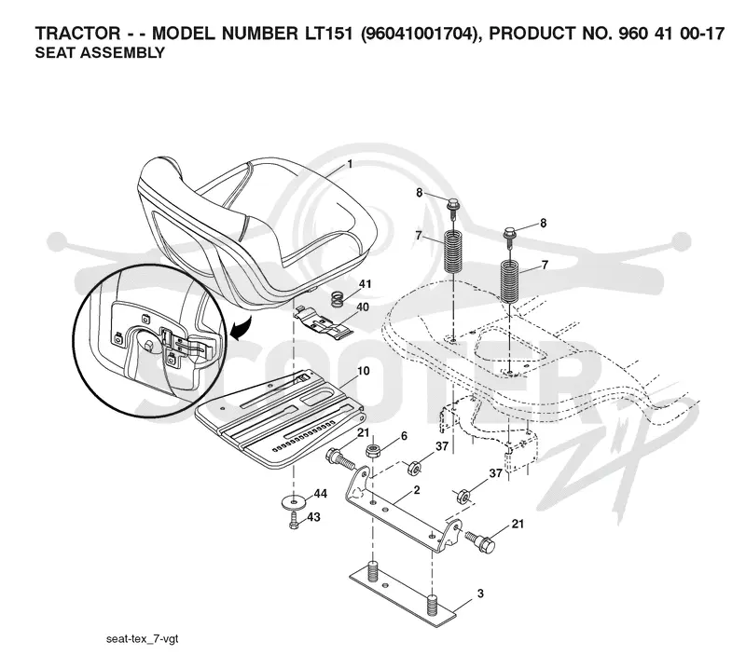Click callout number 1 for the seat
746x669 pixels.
pos(350,165)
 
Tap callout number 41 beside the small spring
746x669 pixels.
pos(365,284)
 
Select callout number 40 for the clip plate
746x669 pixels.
pos(363,307)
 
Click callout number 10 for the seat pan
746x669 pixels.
pos(364,371)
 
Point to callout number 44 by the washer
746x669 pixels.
pos(321,494)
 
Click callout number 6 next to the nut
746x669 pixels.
pos(404,436)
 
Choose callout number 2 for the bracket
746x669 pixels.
pos(417,490)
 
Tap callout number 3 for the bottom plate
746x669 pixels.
pos(480,594)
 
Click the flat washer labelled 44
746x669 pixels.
pos(296,501)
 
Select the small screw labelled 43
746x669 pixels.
pos(295,520)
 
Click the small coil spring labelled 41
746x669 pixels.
pos(338,299)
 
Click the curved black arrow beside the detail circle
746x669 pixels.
pos(242,329)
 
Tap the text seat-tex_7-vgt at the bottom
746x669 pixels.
pos(142,638)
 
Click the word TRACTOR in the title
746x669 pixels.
pos(77,34)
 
